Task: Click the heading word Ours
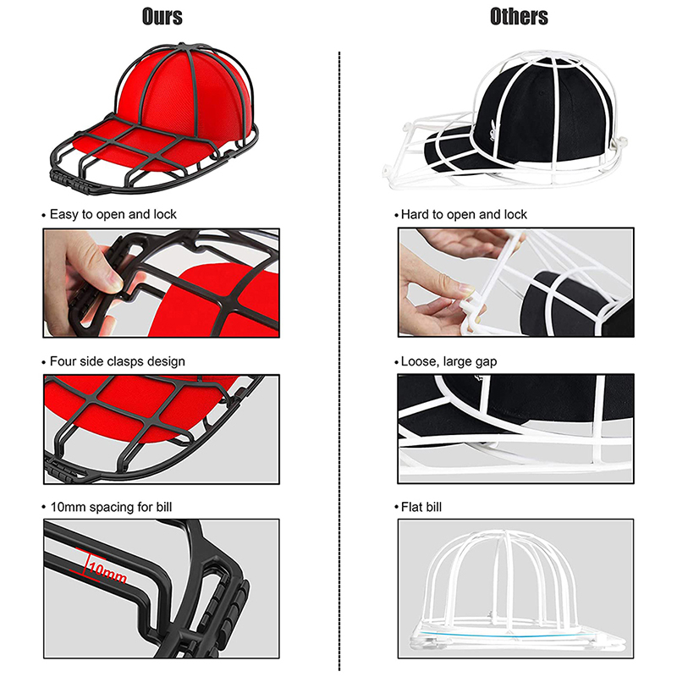tap(162, 17)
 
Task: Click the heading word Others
tap(519, 17)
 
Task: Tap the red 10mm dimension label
tap(107, 570)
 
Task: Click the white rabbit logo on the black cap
tap(493, 129)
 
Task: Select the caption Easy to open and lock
tap(113, 214)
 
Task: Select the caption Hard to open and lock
tap(464, 214)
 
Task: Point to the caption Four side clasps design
tap(118, 361)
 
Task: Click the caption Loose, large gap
tap(449, 361)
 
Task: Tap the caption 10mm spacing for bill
tap(112, 507)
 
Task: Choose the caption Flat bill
tap(421, 507)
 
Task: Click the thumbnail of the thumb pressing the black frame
tap(161, 283)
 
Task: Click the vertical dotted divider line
tap(339, 361)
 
